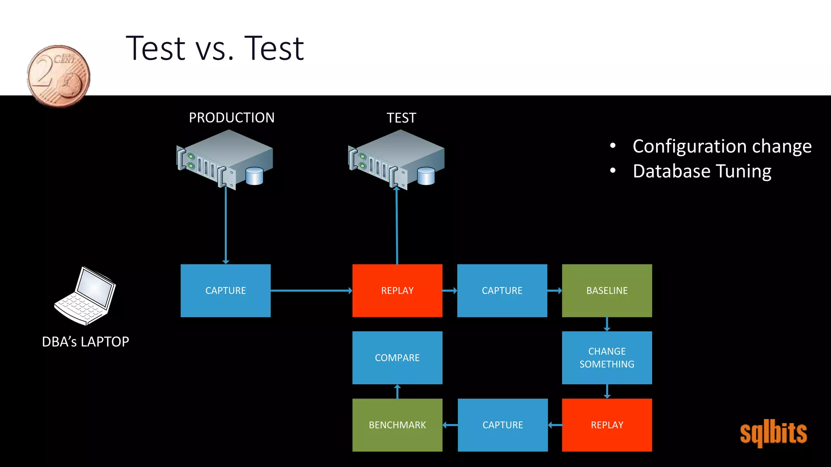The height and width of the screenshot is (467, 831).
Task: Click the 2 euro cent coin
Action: [x=59, y=76]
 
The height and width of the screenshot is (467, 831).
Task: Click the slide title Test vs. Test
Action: [x=215, y=48]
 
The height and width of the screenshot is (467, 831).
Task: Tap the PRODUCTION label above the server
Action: [x=232, y=118]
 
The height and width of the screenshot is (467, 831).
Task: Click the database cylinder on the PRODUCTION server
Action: [x=254, y=176]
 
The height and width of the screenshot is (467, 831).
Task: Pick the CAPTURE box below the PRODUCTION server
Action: [x=226, y=291]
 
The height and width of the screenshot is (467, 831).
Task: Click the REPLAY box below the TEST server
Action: [x=397, y=291]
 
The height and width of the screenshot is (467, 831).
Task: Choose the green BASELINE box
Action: [x=607, y=291]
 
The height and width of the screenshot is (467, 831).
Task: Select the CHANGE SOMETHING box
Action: [x=607, y=358]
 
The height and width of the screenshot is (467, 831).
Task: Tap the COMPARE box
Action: [x=397, y=358]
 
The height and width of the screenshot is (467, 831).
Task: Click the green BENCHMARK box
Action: [x=397, y=425]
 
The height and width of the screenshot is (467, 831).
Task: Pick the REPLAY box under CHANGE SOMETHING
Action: [x=607, y=425]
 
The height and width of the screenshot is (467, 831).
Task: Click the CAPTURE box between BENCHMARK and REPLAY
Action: [x=503, y=425]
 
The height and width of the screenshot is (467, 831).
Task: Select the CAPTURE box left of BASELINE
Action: [x=502, y=291]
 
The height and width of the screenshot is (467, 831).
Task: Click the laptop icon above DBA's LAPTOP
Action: [x=86, y=296]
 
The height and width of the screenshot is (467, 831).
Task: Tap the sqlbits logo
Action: [x=773, y=433]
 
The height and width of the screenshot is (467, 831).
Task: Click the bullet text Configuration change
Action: [x=722, y=146]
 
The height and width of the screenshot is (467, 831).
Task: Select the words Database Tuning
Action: [x=702, y=171]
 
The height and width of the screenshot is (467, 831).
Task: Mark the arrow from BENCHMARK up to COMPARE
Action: [x=397, y=392]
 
